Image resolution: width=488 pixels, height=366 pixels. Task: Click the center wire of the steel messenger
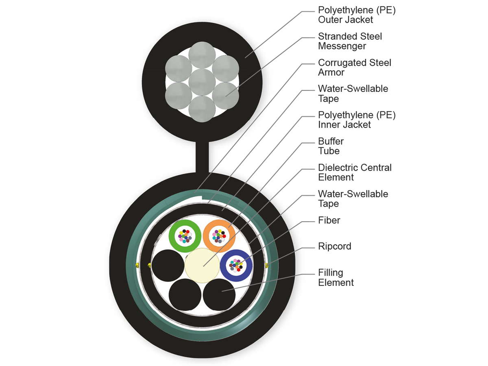click(x=202, y=83)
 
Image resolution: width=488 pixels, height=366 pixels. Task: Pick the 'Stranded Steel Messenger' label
click(x=350, y=41)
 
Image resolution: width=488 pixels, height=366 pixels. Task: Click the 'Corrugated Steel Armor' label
click(x=355, y=68)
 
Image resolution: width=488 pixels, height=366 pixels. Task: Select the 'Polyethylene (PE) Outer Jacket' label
click(x=357, y=15)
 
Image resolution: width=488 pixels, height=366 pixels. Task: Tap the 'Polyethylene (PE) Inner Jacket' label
click(x=357, y=120)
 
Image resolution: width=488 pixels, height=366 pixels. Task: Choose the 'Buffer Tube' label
click(x=331, y=146)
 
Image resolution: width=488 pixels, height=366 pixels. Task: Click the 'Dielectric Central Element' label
click(x=355, y=172)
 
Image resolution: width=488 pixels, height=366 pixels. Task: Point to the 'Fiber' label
click(x=329, y=220)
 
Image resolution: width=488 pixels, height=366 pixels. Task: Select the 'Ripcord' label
click(x=334, y=246)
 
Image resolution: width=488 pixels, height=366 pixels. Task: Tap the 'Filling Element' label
click(x=336, y=277)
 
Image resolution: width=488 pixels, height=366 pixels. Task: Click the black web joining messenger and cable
click(x=202, y=156)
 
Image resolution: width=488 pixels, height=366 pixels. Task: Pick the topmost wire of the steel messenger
click(x=202, y=55)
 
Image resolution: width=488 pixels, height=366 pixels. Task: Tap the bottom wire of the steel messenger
click(x=202, y=109)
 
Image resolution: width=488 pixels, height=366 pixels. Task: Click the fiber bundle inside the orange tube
click(x=218, y=236)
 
